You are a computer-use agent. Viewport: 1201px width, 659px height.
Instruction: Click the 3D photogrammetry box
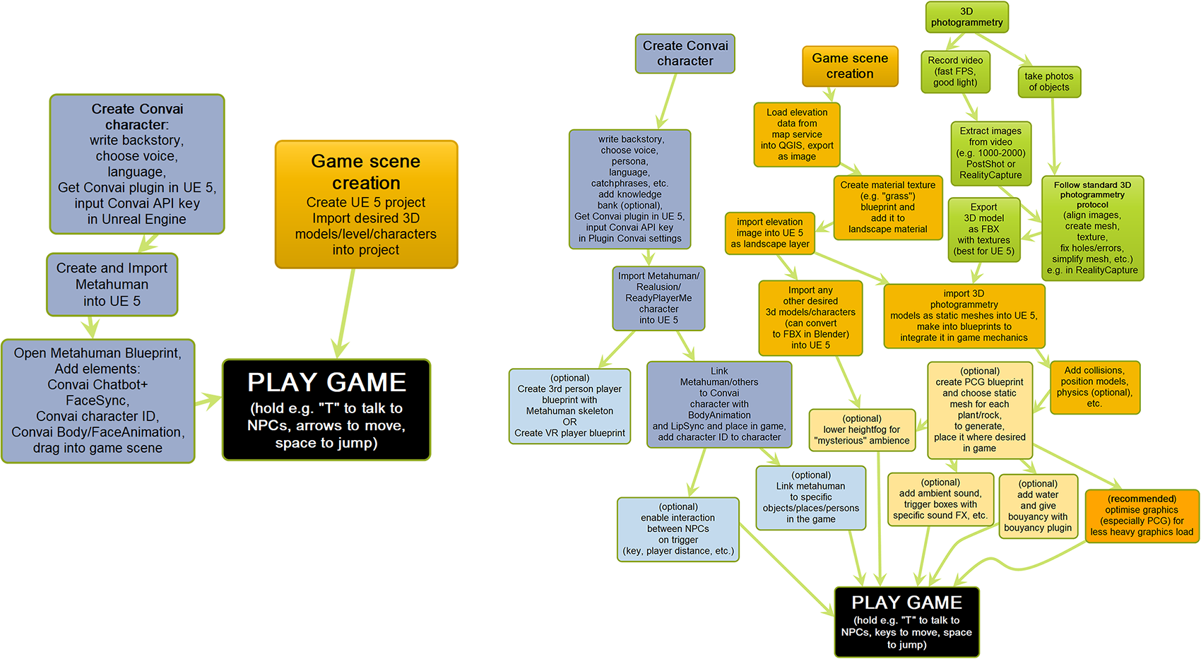[x=966, y=17]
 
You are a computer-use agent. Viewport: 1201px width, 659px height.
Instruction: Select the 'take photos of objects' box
[x=1048, y=82]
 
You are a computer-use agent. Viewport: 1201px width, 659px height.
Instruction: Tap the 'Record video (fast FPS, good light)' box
[x=955, y=71]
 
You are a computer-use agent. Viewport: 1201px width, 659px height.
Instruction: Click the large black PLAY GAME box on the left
[x=326, y=410]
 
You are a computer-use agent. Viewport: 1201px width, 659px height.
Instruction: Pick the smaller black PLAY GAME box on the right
[x=906, y=622]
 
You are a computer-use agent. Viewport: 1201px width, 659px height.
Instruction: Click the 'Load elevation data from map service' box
[x=797, y=134]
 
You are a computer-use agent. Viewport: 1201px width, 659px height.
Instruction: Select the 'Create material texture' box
[x=887, y=207]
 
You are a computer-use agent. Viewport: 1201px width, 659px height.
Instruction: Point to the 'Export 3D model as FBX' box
[x=983, y=229]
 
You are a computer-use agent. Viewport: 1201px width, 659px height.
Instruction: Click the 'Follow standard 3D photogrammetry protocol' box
[x=1091, y=227]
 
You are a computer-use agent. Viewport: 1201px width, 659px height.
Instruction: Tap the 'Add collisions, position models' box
[x=1094, y=386]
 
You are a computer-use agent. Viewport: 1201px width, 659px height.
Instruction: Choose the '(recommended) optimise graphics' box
[x=1141, y=516]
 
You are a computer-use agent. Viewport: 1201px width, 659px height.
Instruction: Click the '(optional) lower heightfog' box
[x=861, y=429]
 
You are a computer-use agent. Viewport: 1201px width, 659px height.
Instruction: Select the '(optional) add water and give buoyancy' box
[x=1037, y=506]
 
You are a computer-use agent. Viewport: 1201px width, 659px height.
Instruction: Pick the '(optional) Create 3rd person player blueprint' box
[x=569, y=405]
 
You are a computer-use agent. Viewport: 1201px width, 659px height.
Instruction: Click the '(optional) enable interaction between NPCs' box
[x=678, y=529]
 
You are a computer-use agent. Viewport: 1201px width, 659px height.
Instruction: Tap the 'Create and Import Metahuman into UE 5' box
[x=112, y=285]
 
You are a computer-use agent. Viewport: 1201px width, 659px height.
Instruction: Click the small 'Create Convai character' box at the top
[x=685, y=54]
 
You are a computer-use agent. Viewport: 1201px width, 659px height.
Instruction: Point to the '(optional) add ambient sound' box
[x=940, y=499]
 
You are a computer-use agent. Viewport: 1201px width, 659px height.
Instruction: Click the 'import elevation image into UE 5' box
[x=769, y=233]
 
